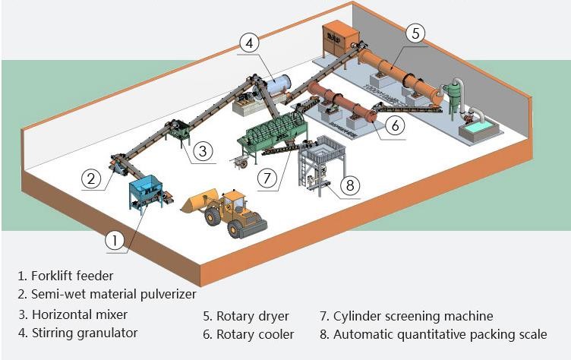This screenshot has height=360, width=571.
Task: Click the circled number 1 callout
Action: [x=114, y=241]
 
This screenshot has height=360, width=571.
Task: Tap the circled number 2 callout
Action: [x=91, y=179]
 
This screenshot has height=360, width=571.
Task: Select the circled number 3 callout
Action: [x=201, y=150]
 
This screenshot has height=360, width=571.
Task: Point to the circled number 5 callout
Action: [x=415, y=33]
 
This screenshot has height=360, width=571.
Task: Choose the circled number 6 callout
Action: [x=394, y=125]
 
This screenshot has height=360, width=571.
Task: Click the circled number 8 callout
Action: [x=349, y=185]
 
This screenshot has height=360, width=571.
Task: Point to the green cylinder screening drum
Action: [x=268, y=130]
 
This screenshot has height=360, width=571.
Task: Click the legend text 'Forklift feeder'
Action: [x=72, y=276]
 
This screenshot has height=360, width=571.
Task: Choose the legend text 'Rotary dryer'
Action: [x=248, y=316]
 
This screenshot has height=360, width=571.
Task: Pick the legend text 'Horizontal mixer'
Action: [x=80, y=314]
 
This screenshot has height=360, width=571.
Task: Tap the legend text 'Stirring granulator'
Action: [x=84, y=333]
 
